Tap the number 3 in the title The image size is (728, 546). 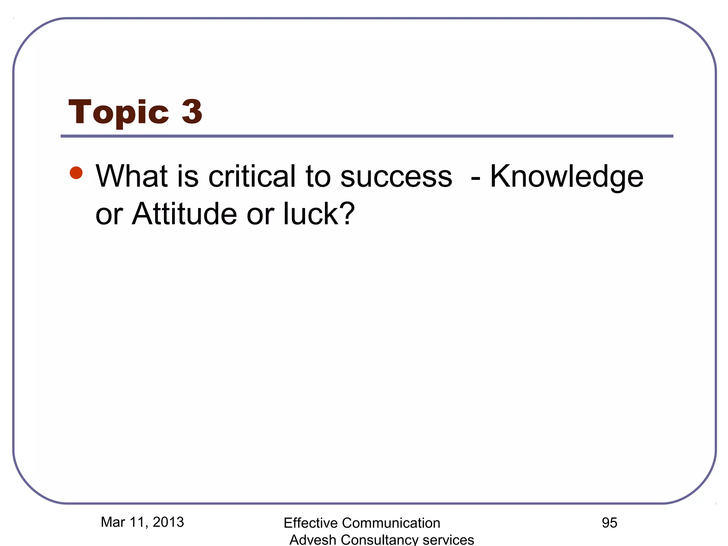point(192,112)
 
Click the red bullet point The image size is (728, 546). point(76,173)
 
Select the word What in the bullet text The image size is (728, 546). point(131,176)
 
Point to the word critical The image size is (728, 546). point(252,176)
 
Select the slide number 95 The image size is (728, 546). point(609,523)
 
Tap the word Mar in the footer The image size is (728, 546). point(113,522)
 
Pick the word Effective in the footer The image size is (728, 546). point(310,523)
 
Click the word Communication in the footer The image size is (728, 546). point(391,523)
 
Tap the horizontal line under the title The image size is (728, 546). point(367,136)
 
